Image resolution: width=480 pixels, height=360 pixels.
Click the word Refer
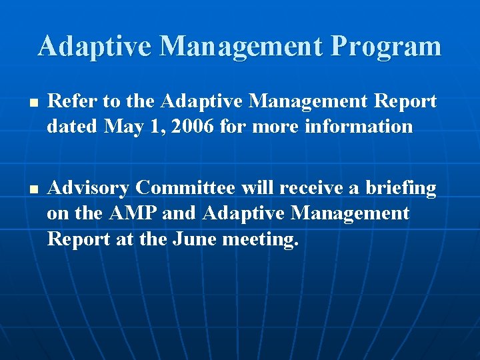(x=69, y=101)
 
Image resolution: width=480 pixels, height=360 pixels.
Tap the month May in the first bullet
(x=122, y=127)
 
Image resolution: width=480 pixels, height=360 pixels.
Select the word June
(x=193, y=239)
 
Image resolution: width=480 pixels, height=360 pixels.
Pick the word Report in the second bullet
(x=79, y=239)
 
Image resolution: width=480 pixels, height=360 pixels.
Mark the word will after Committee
(x=257, y=188)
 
